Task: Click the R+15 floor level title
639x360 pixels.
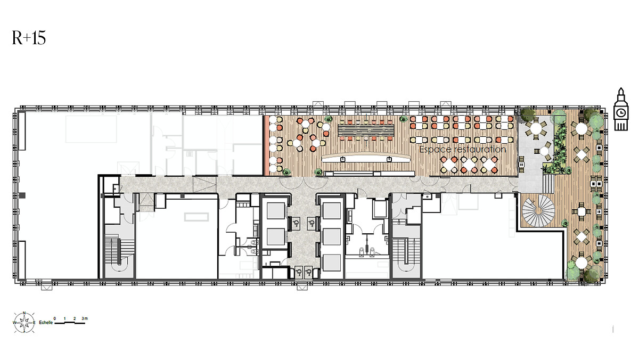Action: (29, 38)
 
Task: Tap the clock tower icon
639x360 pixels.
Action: (621, 109)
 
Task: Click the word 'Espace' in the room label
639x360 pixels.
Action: (435, 150)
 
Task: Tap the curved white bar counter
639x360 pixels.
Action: (366, 158)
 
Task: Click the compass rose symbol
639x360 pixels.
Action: (24, 323)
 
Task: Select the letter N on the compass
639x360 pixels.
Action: (24, 313)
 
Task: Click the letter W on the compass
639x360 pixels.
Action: (14, 323)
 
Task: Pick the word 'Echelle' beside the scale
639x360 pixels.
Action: (46, 323)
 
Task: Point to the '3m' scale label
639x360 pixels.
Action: (85, 318)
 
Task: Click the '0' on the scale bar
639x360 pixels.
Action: (55, 318)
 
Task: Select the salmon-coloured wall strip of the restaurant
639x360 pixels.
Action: (266, 145)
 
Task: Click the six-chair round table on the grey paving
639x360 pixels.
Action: (536, 128)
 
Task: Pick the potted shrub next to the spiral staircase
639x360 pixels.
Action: (564, 223)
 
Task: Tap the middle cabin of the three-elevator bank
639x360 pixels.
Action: (331, 237)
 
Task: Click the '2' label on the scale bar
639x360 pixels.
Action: (75, 318)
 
